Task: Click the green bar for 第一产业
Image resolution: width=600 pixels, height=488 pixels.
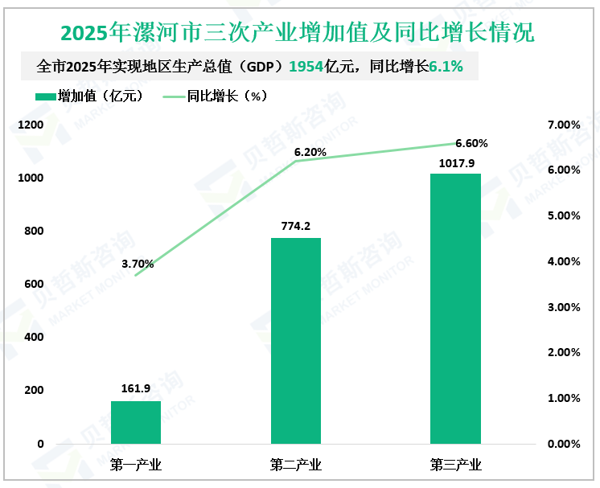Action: click(136, 422)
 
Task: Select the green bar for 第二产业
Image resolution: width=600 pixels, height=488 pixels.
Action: click(296, 340)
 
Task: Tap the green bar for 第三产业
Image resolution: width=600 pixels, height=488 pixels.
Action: click(455, 308)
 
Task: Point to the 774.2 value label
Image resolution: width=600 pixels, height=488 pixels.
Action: click(296, 227)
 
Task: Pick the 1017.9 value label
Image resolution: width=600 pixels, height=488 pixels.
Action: click(456, 163)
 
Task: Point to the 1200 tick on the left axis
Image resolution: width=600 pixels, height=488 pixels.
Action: click(31, 125)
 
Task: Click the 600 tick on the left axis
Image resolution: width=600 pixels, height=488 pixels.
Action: click(35, 284)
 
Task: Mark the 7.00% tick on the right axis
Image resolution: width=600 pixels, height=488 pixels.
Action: click(563, 125)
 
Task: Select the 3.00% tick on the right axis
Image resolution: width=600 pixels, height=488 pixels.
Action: click(563, 307)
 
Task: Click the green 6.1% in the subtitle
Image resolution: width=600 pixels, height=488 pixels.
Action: click(446, 67)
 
